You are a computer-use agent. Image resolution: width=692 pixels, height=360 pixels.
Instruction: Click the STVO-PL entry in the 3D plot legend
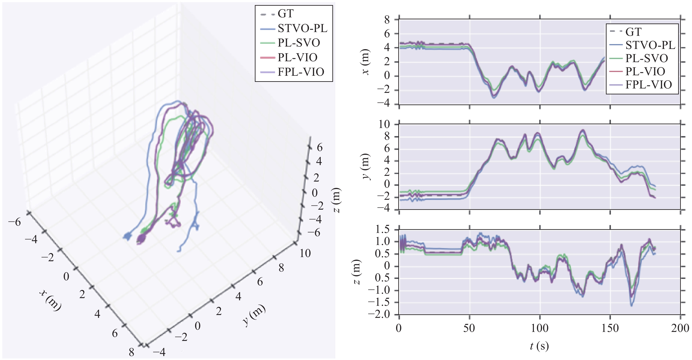coord(302,28)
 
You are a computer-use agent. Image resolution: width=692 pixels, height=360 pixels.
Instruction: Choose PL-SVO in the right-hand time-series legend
coord(646,58)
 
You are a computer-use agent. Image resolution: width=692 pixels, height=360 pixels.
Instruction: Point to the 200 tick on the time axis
coord(680,328)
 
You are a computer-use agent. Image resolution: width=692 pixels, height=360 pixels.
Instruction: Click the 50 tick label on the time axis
coord(469,328)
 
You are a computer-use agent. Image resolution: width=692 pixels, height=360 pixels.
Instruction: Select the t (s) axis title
coord(539,346)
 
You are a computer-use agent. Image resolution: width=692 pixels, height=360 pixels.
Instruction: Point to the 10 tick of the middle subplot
coord(384,124)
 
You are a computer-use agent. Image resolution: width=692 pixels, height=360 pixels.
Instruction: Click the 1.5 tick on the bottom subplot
coord(382,229)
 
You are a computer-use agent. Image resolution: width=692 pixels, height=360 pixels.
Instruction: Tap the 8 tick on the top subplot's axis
coord(387,20)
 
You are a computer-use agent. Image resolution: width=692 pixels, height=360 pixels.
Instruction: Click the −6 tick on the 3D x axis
coord(14,222)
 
